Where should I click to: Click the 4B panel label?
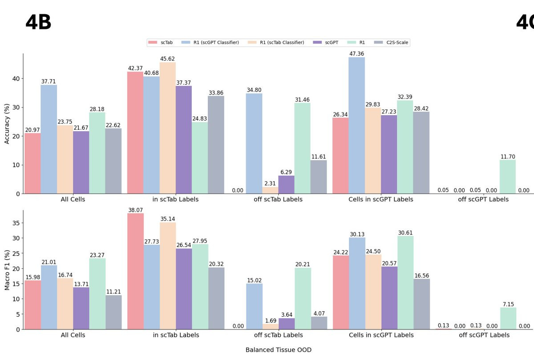click(38, 22)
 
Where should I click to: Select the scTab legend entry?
click(163, 42)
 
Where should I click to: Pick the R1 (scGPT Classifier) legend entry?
click(212, 42)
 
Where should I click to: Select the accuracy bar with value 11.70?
click(507, 177)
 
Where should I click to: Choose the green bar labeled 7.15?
click(507, 318)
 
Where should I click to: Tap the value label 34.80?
click(254, 90)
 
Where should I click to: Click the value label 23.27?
click(97, 255)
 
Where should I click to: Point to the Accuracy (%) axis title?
click(7, 124)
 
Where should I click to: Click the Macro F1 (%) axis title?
click(7, 270)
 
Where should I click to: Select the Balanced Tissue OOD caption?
click(279, 350)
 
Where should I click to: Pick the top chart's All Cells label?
click(73, 199)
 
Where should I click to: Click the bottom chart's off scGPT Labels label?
click(483, 335)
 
